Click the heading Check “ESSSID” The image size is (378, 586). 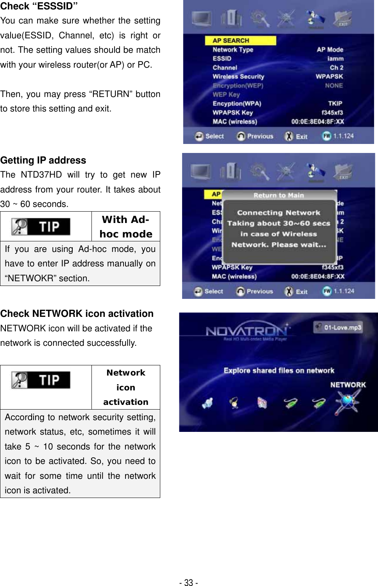tap(39, 6)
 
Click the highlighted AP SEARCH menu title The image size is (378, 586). tap(231, 41)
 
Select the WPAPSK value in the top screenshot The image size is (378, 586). tap(329, 77)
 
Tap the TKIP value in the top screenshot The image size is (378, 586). tap(335, 104)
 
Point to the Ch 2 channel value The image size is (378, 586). tap(336, 68)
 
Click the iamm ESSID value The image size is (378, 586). tap(335, 59)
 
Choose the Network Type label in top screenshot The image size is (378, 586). tap(233, 50)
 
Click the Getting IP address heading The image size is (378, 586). tap(43, 160)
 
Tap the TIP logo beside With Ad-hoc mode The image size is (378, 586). tap(41, 226)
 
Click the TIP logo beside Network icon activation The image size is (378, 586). tap(41, 380)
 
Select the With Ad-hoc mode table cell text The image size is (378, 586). tap(125, 227)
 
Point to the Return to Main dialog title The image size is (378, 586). tap(278, 195)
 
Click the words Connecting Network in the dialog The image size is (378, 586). tap(278, 213)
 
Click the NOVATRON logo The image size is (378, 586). tap(247, 331)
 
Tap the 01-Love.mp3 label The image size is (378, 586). tap(342, 327)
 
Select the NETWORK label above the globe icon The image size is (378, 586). tap(348, 385)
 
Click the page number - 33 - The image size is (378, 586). tap(188, 583)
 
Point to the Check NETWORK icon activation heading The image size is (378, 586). tap(77, 314)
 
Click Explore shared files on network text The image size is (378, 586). tap(279, 370)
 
